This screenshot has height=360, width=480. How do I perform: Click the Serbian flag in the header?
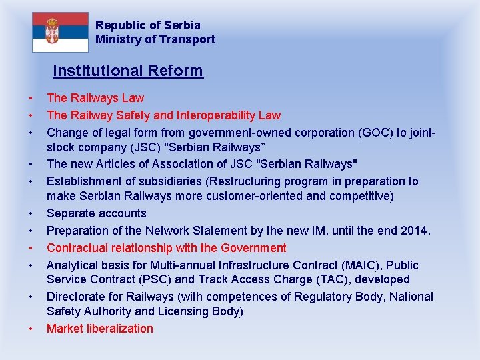[60, 32]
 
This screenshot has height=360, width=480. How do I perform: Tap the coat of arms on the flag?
[52, 31]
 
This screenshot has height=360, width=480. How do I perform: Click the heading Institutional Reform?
[128, 71]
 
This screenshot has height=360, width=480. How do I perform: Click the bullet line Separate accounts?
[96, 213]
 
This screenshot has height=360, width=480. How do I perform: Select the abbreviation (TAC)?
[317, 280]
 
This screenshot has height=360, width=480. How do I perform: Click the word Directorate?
[77, 297]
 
